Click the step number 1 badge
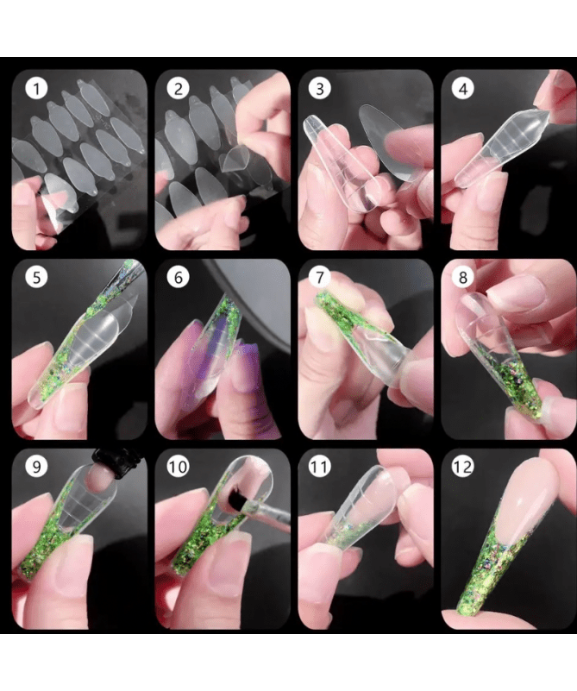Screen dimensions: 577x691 36,89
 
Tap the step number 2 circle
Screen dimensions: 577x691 179,89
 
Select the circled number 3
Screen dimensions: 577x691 320,89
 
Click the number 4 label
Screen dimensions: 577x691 463,89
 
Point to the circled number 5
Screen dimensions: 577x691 36,278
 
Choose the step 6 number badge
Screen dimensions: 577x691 179,278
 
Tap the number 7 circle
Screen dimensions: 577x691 320,278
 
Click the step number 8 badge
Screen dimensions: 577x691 463,278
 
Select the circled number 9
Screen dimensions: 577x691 36,467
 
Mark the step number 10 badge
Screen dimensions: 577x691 179,467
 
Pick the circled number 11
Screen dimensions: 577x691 320,467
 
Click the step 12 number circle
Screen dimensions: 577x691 463,467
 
